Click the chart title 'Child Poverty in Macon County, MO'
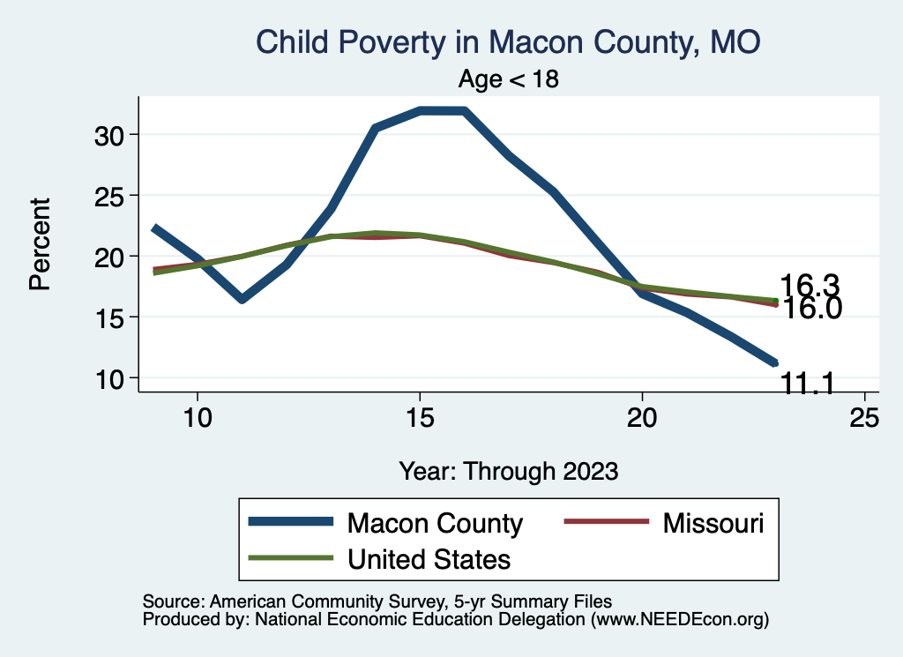pos(507,41)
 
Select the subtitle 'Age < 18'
pos(509,78)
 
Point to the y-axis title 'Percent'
pos(40,244)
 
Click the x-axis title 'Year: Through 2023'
pos(508,471)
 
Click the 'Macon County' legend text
pos(436,523)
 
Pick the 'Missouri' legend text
pos(713,523)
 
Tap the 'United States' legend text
pos(429,558)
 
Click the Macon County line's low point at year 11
pos(242,300)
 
